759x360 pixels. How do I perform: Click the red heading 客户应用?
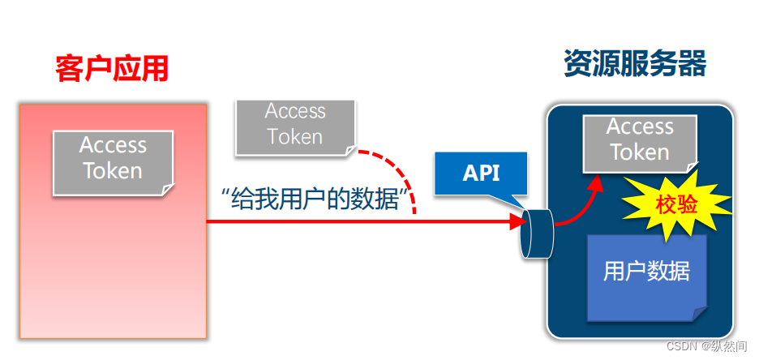112,68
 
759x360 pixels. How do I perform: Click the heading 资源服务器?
635,63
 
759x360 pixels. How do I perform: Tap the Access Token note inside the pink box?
113,161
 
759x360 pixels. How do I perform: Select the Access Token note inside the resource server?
640,141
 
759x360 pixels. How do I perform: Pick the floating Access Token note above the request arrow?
295,125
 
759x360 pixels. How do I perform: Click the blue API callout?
481,173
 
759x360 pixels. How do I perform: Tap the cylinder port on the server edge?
536,234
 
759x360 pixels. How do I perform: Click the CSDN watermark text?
709,346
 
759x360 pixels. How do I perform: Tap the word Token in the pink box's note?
113,172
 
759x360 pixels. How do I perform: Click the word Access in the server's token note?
640,127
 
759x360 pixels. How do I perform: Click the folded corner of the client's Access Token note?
167,189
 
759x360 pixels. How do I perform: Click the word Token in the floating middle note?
295,137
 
